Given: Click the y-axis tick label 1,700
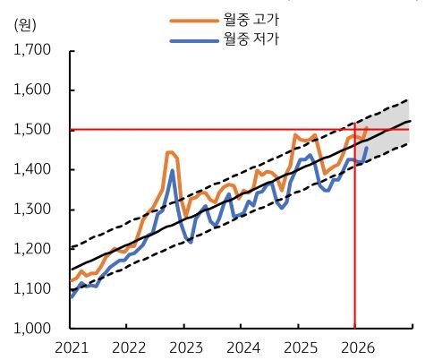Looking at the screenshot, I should coord(32,50).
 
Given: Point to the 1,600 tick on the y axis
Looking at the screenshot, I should coord(32,90).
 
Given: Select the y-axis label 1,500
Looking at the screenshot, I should coord(32,130).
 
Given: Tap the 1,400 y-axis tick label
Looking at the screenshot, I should coord(32,169).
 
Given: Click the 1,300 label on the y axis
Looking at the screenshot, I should coord(32,210).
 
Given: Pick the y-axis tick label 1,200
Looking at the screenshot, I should coord(32,249).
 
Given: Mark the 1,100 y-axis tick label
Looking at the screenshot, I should coord(32,288).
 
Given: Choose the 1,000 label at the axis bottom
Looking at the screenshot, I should coord(32,329).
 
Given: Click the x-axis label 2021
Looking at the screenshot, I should coord(72,347).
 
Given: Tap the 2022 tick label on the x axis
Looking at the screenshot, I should coord(129,347).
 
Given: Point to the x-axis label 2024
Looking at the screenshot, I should coord(242,347).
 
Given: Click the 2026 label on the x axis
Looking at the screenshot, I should coord(356,347).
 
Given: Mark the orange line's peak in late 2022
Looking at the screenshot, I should coord(170,152).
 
